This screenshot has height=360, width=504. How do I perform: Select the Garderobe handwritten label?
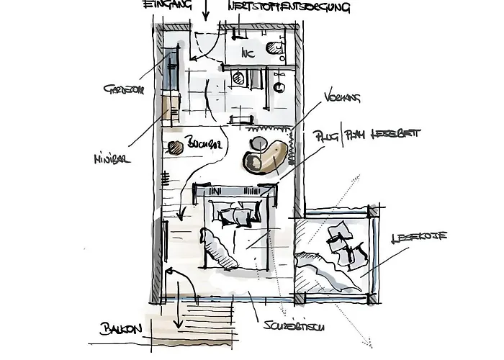tap(125, 89)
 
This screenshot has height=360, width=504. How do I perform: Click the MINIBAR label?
tap(112, 158)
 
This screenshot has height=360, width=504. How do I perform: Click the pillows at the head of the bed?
tap(238, 216)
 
